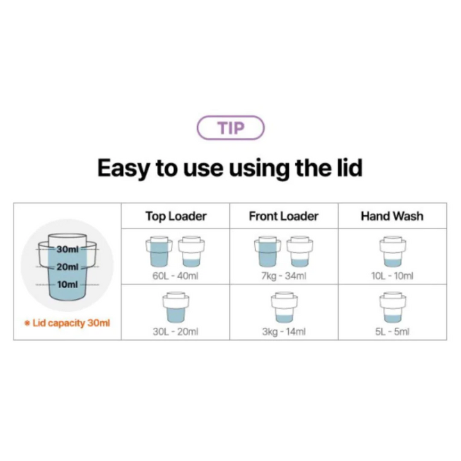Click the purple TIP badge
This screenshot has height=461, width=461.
[x=230, y=128]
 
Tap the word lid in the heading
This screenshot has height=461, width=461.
[x=350, y=168]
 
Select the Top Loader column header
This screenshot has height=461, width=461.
[x=176, y=216]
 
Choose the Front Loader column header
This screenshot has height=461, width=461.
[x=284, y=216]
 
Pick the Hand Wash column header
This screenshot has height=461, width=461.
[x=392, y=216]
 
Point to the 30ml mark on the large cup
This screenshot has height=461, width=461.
[x=68, y=249]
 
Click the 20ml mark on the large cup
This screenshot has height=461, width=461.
[x=68, y=267]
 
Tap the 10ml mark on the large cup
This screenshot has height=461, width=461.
[x=68, y=284]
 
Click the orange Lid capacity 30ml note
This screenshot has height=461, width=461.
[x=67, y=323]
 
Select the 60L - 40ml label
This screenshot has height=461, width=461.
[x=175, y=276]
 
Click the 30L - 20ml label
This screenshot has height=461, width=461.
[x=175, y=332]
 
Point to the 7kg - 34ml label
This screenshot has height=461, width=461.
[x=284, y=276]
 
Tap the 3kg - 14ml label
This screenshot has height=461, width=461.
[x=284, y=332]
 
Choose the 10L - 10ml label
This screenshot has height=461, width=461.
[x=392, y=276]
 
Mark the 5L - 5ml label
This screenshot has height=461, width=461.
[x=392, y=332]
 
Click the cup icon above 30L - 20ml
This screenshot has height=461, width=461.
[x=176, y=307]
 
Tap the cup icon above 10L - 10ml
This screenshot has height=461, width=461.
[x=392, y=252]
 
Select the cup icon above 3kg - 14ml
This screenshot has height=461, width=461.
[x=284, y=307]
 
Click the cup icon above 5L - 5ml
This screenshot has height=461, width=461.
[x=392, y=307]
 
